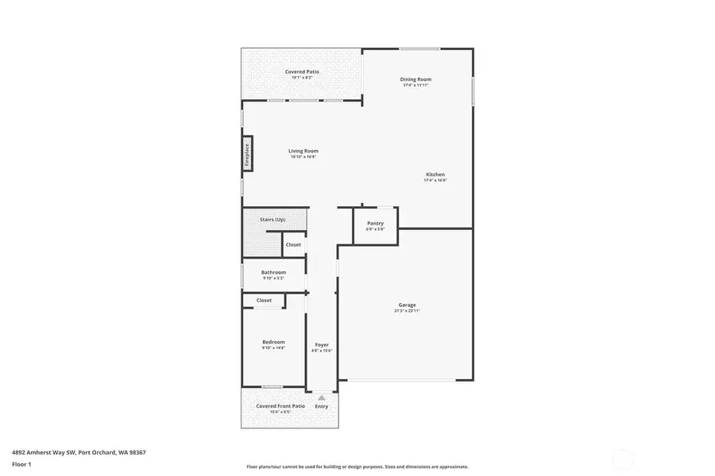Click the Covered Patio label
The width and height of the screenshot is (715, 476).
click(x=302, y=71)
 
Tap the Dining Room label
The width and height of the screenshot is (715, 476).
click(x=415, y=79)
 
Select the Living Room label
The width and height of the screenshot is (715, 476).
click(x=303, y=151)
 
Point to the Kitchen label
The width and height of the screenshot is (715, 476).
click(x=435, y=175)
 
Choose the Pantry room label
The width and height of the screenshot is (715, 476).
click(x=375, y=224)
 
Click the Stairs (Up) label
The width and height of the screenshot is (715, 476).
click(x=272, y=219)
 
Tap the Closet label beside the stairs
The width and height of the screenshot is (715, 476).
click(x=293, y=244)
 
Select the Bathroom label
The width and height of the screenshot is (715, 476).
click(x=273, y=272)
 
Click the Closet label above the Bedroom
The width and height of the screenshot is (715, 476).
click(x=264, y=301)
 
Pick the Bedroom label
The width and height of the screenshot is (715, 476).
click(x=273, y=342)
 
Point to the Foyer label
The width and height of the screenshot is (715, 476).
click(x=322, y=344)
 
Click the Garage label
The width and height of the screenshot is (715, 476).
click(x=407, y=305)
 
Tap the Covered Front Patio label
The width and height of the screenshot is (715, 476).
click(x=280, y=406)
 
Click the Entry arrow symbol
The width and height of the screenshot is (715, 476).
click(x=321, y=397)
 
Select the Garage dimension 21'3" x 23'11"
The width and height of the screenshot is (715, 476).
click(x=407, y=311)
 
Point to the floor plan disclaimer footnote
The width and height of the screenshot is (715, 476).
click(x=357, y=466)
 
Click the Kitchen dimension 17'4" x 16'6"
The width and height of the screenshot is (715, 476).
click(x=435, y=181)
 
